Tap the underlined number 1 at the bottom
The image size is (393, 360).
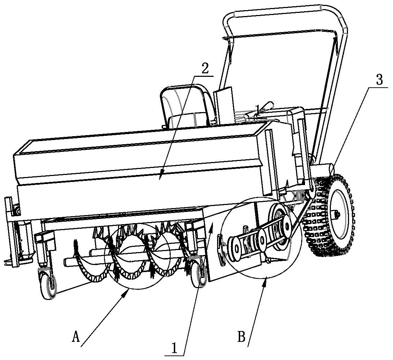[x=175, y=347]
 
